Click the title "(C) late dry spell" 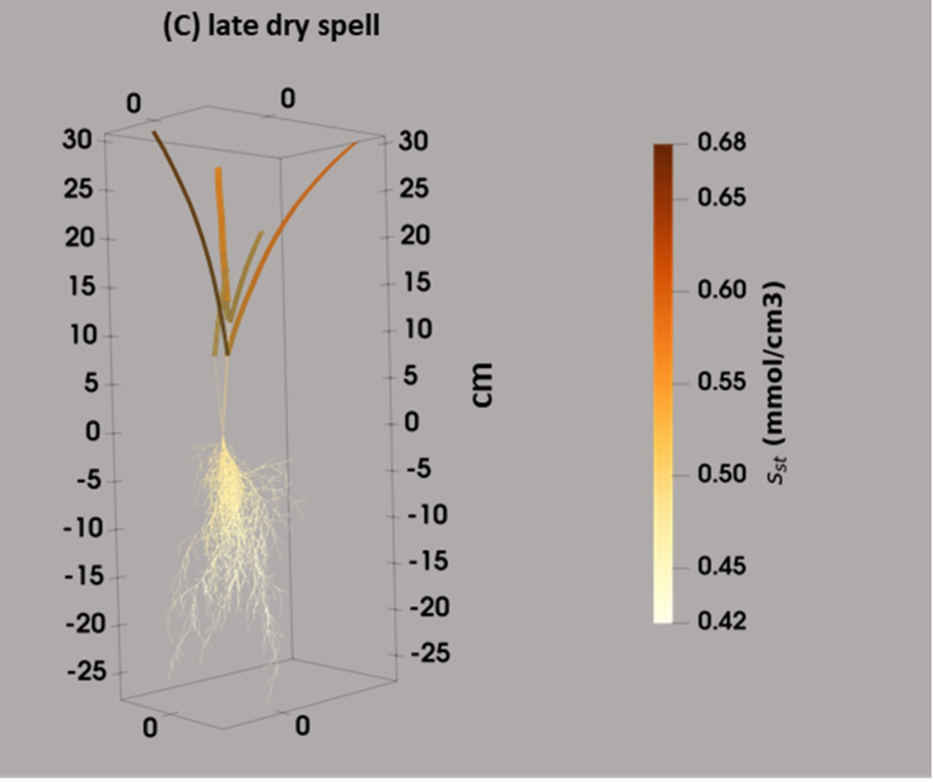pyautogui.click(x=270, y=27)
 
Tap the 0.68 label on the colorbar pyautogui.click(x=720, y=142)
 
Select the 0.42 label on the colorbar pyautogui.click(x=720, y=621)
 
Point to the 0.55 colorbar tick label pyautogui.click(x=720, y=381)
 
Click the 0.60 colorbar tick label pyautogui.click(x=720, y=290)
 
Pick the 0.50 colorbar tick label pyautogui.click(x=720, y=474)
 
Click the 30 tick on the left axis pyautogui.click(x=77, y=140)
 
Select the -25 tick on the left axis pyautogui.click(x=86, y=671)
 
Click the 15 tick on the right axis pyautogui.click(x=415, y=283)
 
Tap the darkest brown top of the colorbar pyautogui.click(x=663, y=151)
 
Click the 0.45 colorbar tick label pyautogui.click(x=720, y=566)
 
